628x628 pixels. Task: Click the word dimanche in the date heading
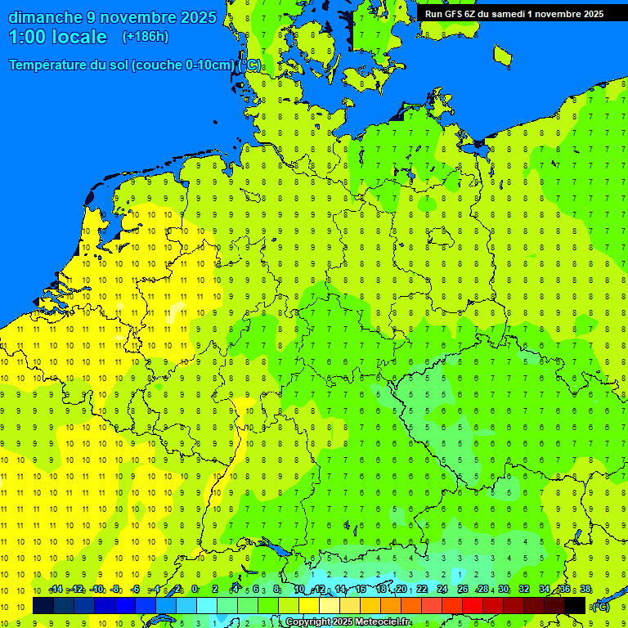tap(45, 17)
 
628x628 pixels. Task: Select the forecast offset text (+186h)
tap(145, 37)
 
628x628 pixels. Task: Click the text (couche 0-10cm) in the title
tap(183, 65)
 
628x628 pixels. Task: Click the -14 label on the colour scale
tap(56, 590)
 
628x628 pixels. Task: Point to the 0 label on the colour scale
tap(195, 590)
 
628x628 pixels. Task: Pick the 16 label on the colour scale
tap(361, 590)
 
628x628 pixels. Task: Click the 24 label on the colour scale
tap(442, 590)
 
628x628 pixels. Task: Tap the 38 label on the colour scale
tap(585, 590)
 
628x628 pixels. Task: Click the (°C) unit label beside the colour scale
tap(601, 607)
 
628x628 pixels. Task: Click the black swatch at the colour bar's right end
tap(575, 605)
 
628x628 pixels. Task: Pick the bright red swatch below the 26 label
tap(473, 605)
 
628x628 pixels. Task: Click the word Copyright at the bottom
tap(307, 622)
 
